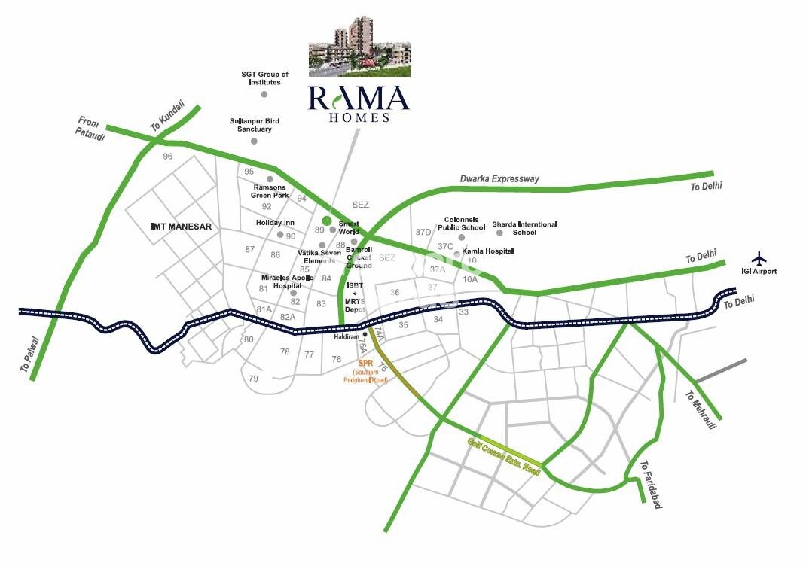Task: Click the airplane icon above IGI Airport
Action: point(759,257)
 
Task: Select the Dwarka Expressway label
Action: point(499,179)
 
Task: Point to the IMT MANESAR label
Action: point(182,226)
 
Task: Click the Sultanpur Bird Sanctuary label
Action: point(250,125)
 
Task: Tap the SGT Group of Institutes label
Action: point(264,78)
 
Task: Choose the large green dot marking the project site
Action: point(326,221)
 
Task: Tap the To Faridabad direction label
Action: point(652,485)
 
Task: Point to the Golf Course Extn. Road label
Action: point(504,456)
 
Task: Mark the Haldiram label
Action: point(347,337)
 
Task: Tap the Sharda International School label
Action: point(524,228)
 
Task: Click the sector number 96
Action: point(167,157)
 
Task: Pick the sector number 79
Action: point(253,378)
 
